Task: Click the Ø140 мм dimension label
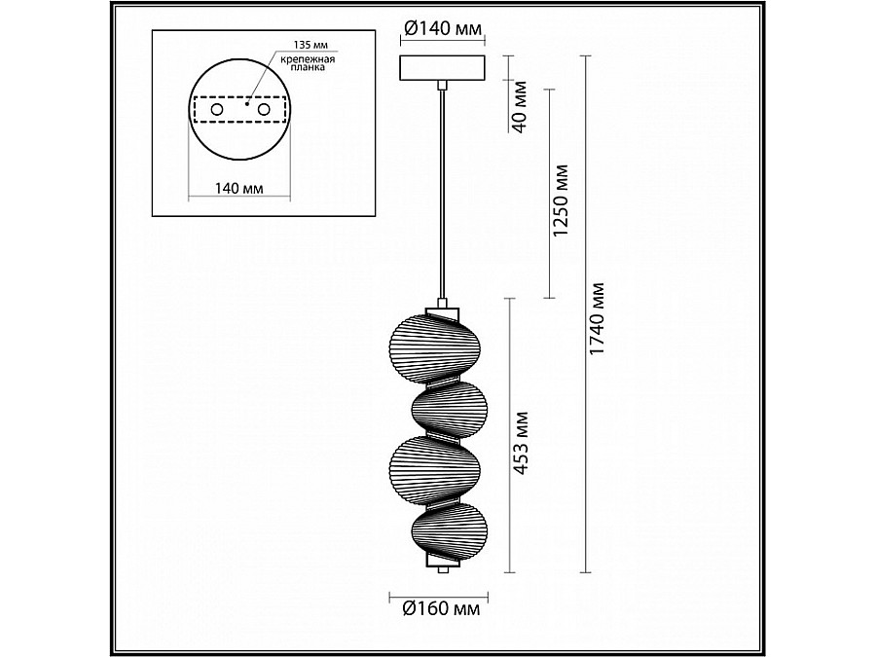point(442,28)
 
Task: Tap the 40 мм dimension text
point(520,107)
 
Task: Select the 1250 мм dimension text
point(560,200)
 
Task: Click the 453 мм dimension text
point(521,444)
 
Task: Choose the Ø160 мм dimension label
point(441,607)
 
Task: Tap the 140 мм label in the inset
point(239,188)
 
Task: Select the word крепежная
point(308,58)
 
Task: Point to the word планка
point(308,67)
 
